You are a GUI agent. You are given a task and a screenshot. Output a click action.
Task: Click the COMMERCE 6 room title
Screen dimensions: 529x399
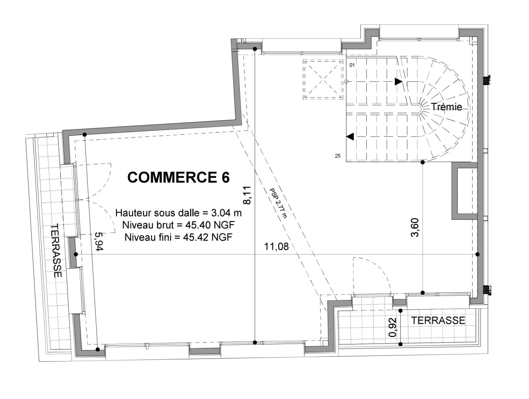pos(179,177)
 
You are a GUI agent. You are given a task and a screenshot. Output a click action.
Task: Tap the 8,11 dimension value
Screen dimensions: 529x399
pos(247,195)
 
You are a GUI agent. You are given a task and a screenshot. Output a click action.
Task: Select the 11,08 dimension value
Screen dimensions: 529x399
pos(276,247)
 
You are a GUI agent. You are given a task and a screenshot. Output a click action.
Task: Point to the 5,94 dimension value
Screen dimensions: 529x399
pos(99,241)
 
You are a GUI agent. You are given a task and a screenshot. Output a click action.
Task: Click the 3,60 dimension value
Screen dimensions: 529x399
pos(415,227)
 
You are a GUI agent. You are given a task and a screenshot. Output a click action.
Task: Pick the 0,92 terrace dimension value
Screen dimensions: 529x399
pos(392,327)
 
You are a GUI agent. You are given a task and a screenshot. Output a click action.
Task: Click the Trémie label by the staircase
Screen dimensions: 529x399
pos(446,107)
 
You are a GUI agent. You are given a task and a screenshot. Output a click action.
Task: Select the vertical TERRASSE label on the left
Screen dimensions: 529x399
pos(57,250)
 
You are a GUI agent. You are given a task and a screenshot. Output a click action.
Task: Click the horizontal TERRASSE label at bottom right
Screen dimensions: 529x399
pos(438,320)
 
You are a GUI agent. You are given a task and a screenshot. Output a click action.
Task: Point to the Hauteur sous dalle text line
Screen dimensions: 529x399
pos(179,213)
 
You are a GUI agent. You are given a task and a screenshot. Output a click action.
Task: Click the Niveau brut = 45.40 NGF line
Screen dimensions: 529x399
pos(179,225)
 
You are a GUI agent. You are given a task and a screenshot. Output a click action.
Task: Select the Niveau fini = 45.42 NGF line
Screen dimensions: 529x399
pos(179,237)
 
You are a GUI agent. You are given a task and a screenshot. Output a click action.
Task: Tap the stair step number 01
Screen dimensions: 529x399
pos(352,65)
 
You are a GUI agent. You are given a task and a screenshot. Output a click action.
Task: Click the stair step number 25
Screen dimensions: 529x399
pos(338,156)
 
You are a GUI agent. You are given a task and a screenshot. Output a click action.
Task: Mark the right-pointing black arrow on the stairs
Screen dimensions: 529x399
pos(399,81)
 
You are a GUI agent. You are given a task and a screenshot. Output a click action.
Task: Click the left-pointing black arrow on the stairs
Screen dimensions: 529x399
pos(350,137)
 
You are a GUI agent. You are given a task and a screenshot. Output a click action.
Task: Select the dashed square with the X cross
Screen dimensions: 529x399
pos(323,79)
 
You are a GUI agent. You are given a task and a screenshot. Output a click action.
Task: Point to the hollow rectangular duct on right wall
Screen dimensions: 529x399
pos(464,191)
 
